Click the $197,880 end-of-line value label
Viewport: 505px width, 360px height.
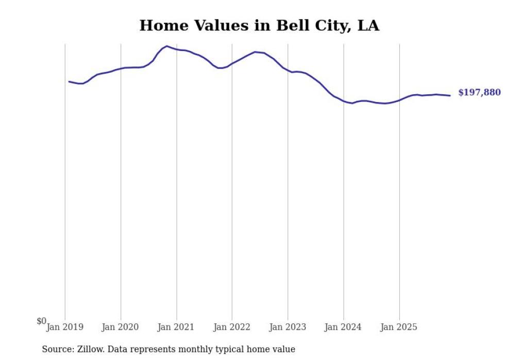point(479,93)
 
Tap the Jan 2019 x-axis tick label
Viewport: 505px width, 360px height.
point(65,327)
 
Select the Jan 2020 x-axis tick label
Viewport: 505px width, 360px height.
point(121,327)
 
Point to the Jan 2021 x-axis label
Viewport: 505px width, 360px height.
point(176,327)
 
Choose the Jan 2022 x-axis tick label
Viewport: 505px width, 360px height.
point(232,327)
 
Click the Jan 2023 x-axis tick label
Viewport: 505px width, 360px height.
point(288,327)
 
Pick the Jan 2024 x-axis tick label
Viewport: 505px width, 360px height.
point(343,327)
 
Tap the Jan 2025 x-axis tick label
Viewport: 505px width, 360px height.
point(399,327)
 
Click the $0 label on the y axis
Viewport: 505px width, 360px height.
point(41,321)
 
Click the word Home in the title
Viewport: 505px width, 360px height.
point(160,26)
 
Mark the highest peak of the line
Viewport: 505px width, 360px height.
point(166,46)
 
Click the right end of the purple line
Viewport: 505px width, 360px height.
point(450,95)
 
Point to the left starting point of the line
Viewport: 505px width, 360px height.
point(69,81)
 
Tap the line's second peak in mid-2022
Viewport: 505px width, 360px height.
point(255,52)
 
